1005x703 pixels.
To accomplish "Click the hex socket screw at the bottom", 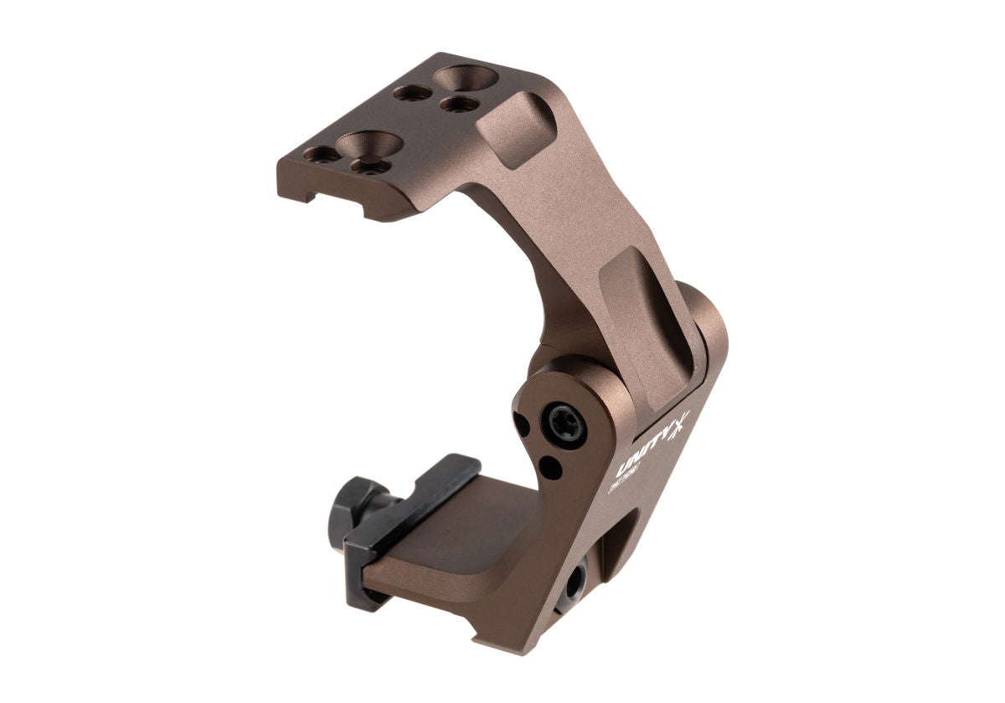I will point(575,582).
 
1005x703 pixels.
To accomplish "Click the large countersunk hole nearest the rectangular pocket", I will point(466,80).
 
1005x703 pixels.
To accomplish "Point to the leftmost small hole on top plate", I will point(322,155).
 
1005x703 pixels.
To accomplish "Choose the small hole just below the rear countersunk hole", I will point(459,104).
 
